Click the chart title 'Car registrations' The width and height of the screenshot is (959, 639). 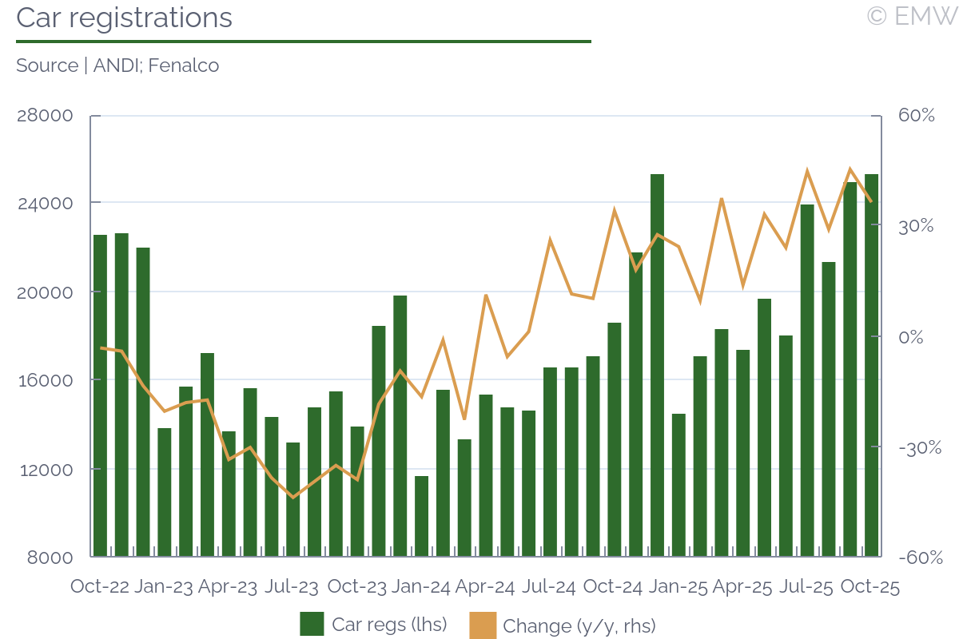tap(124, 18)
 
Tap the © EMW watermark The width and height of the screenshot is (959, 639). tap(911, 16)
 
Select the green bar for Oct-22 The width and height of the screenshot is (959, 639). tap(100, 395)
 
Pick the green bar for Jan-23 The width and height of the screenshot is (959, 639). tap(165, 492)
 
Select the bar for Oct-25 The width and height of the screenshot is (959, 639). tap(871, 365)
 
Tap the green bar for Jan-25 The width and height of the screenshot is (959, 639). tap(678, 485)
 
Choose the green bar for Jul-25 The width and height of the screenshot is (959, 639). tap(807, 380)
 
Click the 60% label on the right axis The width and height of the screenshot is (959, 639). tap(916, 115)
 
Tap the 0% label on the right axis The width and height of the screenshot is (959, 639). tap(911, 337)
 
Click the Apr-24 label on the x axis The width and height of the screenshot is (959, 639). tap(485, 587)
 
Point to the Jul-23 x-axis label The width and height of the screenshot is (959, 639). tap(292, 587)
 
